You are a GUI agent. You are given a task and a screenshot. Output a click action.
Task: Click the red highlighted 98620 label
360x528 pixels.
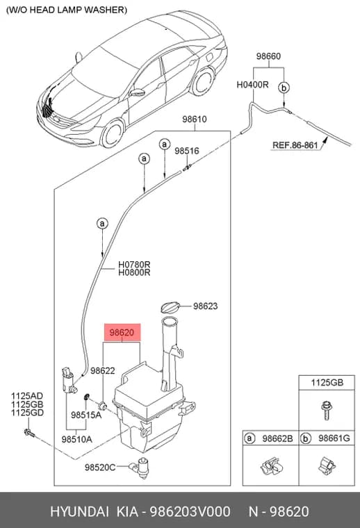[122, 333]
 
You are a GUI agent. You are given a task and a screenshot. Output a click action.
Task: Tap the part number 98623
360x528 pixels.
[206, 306]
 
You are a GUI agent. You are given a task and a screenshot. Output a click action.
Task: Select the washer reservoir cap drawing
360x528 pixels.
[170, 308]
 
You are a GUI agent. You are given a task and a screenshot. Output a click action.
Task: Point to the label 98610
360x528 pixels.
[195, 119]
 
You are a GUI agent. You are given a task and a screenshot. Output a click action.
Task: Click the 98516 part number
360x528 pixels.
[187, 151]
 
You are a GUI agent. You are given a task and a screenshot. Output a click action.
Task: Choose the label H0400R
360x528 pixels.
[252, 84]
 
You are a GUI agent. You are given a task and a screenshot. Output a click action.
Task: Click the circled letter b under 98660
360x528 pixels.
[284, 88]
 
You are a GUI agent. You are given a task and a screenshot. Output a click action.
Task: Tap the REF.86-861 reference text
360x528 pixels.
[295, 145]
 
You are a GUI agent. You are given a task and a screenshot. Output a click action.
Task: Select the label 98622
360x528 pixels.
[103, 371]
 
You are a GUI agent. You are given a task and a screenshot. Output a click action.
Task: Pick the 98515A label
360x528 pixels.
[86, 415]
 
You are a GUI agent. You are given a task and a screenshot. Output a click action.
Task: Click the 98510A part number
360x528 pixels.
[76, 440]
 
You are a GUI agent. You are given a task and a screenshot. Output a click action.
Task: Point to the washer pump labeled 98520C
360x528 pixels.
[142, 468]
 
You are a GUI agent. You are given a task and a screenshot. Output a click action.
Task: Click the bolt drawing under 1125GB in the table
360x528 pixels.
[326, 410]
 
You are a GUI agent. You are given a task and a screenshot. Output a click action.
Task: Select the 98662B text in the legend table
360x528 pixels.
[277, 438]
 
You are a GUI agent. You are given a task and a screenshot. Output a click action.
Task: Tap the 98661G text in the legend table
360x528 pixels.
[334, 438]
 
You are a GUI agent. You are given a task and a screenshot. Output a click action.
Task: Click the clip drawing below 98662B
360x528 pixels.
[272, 466]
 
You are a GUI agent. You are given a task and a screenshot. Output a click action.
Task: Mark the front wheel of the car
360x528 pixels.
[112, 133]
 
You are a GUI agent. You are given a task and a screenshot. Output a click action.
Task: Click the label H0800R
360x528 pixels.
[134, 272]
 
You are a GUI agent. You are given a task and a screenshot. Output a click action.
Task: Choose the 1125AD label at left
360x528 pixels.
[27, 396]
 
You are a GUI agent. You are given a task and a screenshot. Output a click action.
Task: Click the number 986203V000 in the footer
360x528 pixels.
[190, 511]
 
